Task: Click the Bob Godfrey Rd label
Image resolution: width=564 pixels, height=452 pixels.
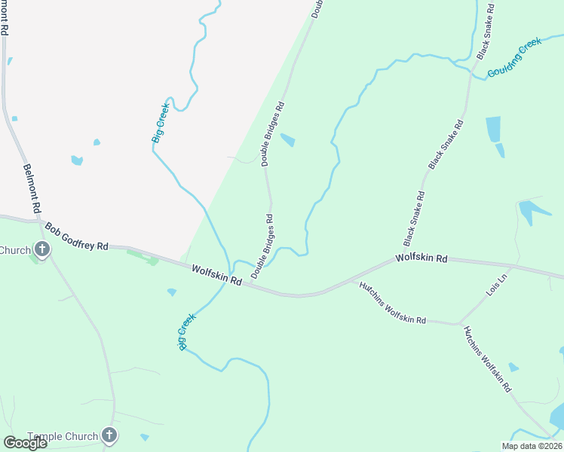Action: (76, 237)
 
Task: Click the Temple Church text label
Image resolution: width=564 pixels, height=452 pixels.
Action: (63, 436)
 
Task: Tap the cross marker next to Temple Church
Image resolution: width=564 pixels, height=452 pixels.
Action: (110, 435)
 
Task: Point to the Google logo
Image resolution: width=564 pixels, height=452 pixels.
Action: (24, 443)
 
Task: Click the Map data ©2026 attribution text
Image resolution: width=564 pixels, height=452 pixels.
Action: (532, 446)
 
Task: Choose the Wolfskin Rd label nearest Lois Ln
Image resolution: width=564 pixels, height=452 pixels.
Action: (421, 258)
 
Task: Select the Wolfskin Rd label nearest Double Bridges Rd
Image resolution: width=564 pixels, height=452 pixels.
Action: (216, 273)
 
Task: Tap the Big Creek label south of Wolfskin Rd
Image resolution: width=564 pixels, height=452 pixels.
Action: (187, 331)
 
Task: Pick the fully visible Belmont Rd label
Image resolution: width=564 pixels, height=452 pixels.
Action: (32, 188)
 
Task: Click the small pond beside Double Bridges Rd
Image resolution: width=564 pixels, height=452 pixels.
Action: (287, 140)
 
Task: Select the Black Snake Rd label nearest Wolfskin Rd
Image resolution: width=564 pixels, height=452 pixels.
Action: (415, 218)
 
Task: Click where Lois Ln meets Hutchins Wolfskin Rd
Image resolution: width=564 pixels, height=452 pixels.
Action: (460, 324)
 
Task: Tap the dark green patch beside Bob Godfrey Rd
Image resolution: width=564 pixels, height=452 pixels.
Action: (143, 257)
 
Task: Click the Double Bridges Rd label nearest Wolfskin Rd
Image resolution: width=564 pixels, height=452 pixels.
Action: (262, 246)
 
